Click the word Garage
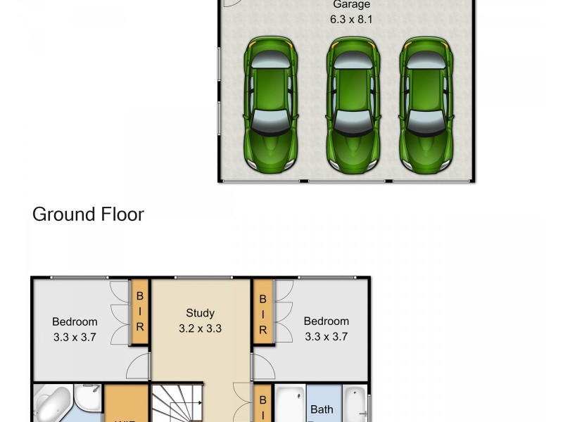pos(351,4)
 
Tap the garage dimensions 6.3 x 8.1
pos(351,20)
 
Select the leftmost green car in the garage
pos(271,105)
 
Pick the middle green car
pos(353,105)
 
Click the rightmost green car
pos(426,105)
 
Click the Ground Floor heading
pos(88,215)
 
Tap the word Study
pos(200,313)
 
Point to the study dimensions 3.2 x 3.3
pos(200,328)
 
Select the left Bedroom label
pos(75,322)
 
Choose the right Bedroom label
pos(326,321)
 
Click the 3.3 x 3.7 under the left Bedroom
pos(75,337)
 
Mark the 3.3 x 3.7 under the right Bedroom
pos(326,336)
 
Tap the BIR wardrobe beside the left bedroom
pos(140,312)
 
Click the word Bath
pos(322,409)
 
